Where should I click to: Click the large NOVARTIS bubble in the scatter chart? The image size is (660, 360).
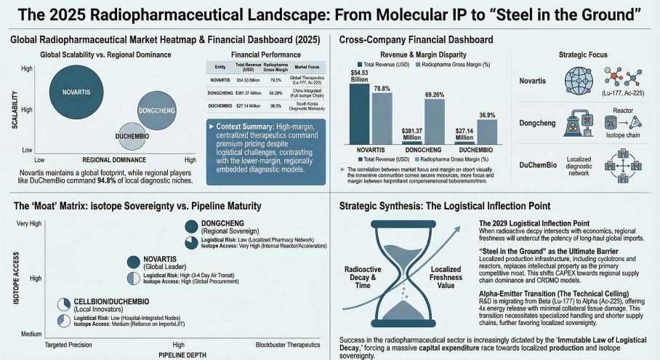[x=77, y=92]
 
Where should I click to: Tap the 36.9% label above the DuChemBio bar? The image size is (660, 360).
[x=486, y=115]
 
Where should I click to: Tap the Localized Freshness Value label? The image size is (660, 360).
[x=446, y=277]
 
